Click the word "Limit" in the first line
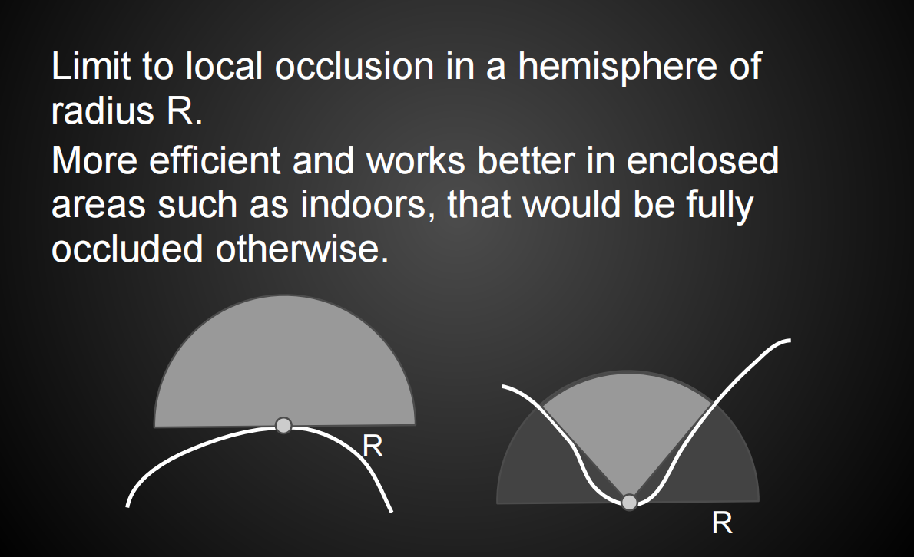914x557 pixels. tap(91, 65)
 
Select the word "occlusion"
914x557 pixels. tap(354, 65)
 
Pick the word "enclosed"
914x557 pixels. tap(703, 160)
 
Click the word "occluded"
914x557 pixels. tap(127, 249)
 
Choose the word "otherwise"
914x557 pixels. tap(302, 249)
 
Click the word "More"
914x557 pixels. tap(94, 160)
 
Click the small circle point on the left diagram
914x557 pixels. tap(283, 426)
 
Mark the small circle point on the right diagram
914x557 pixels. tap(629, 502)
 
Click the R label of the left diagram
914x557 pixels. tap(373, 447)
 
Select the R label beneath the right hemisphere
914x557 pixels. tap(722, 523)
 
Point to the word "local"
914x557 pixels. tap(224, 65)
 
